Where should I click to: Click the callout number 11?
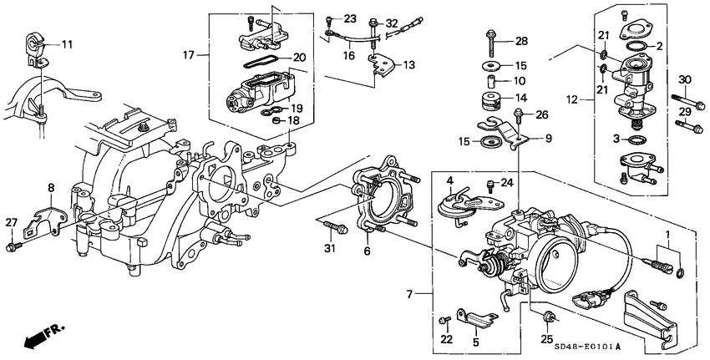(x=67, y=43)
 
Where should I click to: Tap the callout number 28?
(x=521, y=41)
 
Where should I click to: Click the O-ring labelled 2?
(x=636, y=44)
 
